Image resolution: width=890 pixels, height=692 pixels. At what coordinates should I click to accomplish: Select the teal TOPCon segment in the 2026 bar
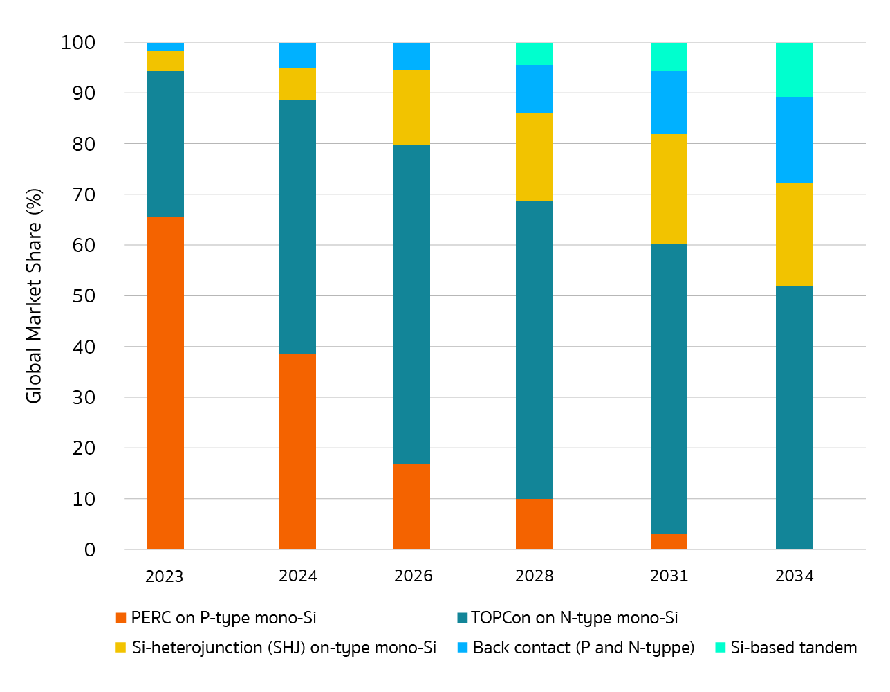click(411, 304)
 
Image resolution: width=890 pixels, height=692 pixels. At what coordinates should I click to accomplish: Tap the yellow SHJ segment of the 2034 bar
click(794, 235)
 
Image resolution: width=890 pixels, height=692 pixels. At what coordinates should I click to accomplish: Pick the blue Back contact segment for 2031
click(669, 102)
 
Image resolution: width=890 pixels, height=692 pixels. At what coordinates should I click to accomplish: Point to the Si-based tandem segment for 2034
click(794, 69)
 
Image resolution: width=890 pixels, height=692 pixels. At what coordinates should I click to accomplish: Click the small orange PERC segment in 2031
click(669, 541)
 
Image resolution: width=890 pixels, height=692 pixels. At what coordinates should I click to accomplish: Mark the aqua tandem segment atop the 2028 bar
click(534, 53)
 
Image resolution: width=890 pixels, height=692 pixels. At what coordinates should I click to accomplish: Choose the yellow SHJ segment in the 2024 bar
click(297, 84)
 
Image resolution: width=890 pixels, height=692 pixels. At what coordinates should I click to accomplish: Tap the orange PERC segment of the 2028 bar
click(534, 524)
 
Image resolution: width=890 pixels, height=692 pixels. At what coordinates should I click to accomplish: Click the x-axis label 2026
click(413, 576)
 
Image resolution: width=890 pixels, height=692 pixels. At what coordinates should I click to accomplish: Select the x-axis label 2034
click(794, 576)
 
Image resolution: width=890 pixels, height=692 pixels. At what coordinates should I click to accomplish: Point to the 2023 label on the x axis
click(164, 576)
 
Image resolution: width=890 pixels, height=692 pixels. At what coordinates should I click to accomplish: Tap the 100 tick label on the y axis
click(77, 43)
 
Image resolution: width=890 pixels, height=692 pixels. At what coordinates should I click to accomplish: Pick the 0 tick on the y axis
click(90, 550)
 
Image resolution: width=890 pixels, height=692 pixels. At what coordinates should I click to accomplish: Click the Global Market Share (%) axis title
click(34, 296)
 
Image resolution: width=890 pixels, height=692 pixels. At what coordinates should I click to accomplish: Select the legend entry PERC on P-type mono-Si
click(223, 618)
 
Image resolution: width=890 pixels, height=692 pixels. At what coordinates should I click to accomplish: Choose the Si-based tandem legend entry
click(793, 648)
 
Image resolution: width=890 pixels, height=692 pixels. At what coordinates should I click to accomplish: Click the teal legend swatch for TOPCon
click(463, 618)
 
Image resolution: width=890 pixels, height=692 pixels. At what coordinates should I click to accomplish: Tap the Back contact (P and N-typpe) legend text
click(583, 648)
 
